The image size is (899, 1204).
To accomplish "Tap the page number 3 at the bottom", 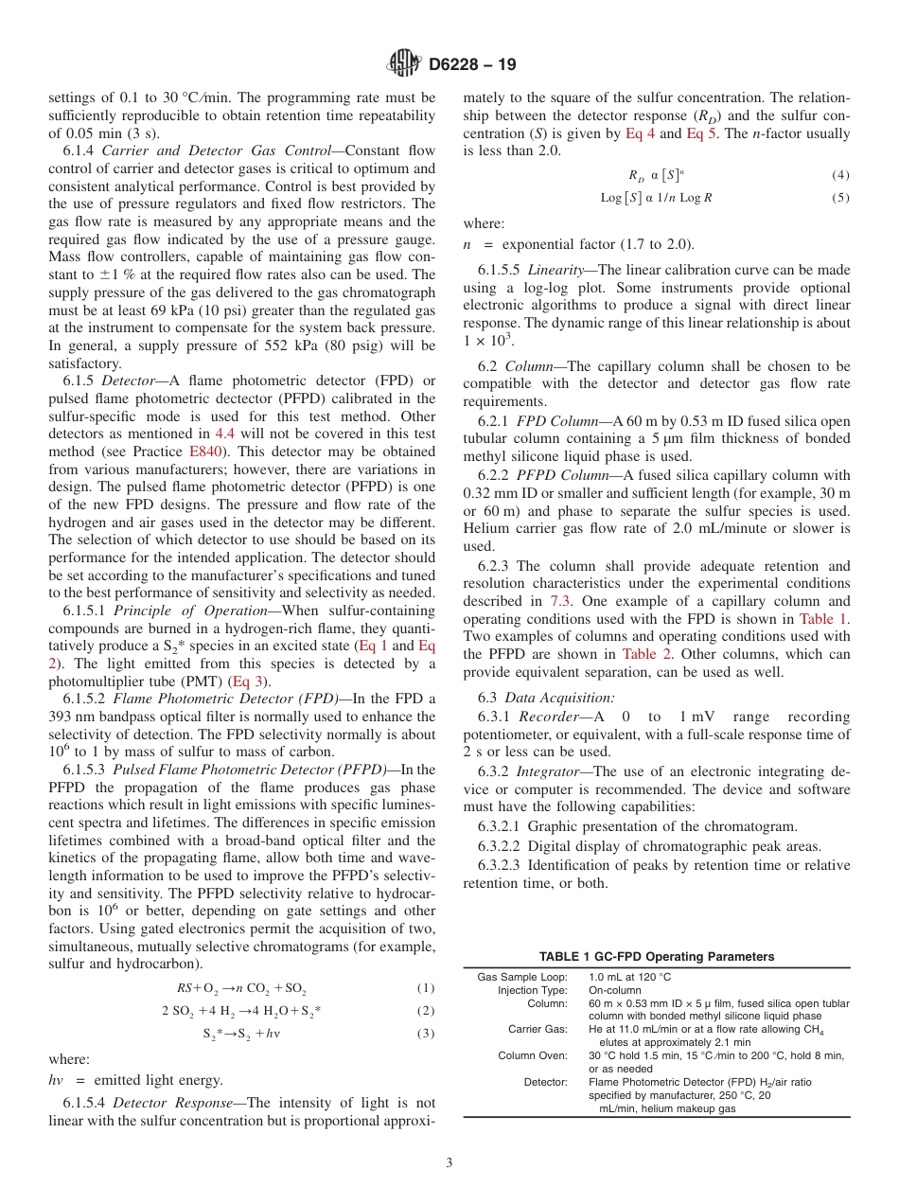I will pos(449,1162).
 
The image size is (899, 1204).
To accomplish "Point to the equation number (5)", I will pos(840,198).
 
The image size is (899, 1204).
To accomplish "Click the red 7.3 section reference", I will pos(559,601).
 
